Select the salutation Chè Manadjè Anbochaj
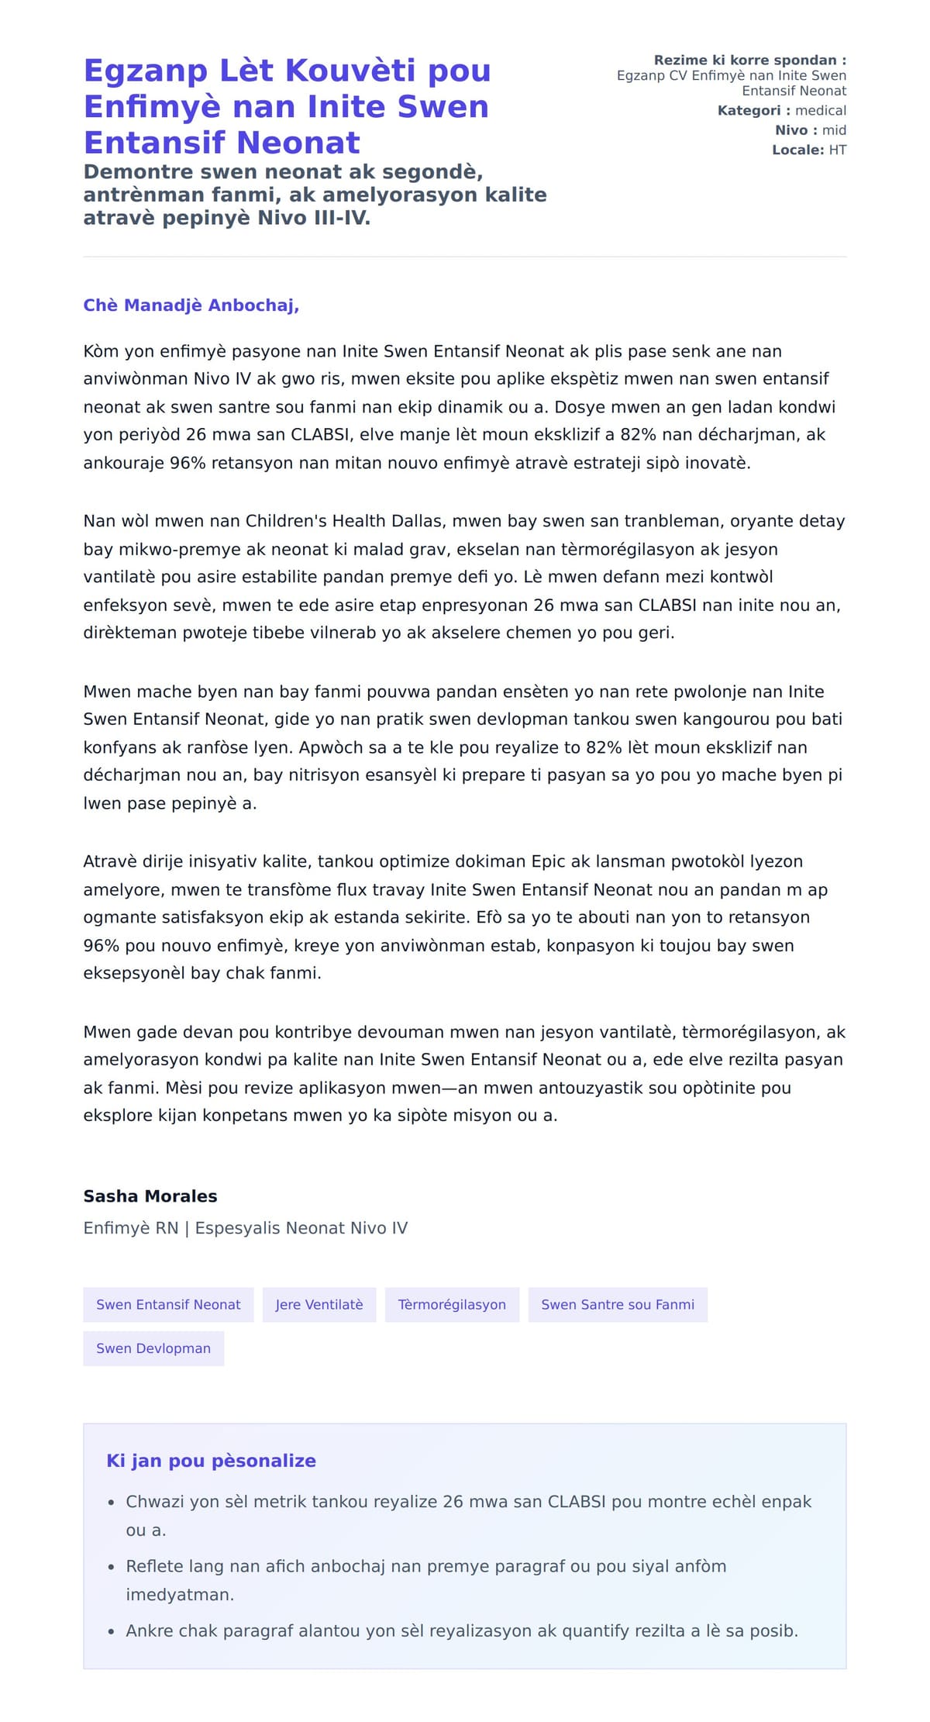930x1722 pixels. coord(191,305)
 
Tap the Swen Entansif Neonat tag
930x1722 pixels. coord(168,1305)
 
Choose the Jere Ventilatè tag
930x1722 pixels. coord(319,1305)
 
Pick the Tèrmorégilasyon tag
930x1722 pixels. coord(452,1305)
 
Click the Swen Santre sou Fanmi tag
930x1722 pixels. coord(618,1305)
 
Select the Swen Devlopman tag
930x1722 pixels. coord(153,1348)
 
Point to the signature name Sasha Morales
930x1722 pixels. coord(150,1196)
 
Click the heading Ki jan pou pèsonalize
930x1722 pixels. coord(211,1461)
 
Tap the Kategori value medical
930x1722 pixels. coord(820,111)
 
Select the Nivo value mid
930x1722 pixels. coord(834,130)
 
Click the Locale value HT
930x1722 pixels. coord(837,150)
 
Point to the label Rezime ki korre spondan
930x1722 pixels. coord(749,60)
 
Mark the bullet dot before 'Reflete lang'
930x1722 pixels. coord(112,1567)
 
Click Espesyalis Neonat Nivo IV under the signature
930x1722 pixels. coord(301,1228)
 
